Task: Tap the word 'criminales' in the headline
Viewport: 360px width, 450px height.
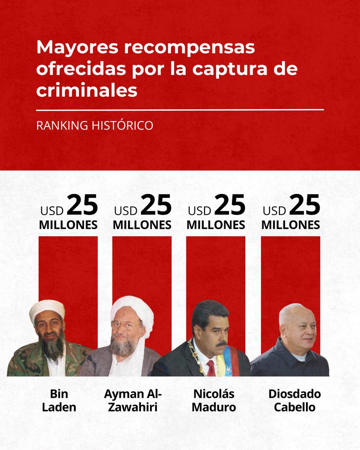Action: (87, 91)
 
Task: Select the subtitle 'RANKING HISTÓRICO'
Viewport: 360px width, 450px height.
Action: (94, 126)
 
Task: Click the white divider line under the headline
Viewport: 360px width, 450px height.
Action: (180, 110)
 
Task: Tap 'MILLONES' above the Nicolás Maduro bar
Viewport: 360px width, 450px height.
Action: (216, 225)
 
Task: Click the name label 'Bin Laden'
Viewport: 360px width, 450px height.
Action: (59, 400)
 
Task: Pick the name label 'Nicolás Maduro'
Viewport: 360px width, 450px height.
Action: (214, 400)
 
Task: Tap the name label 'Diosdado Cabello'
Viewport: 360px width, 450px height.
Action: (295, 400)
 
